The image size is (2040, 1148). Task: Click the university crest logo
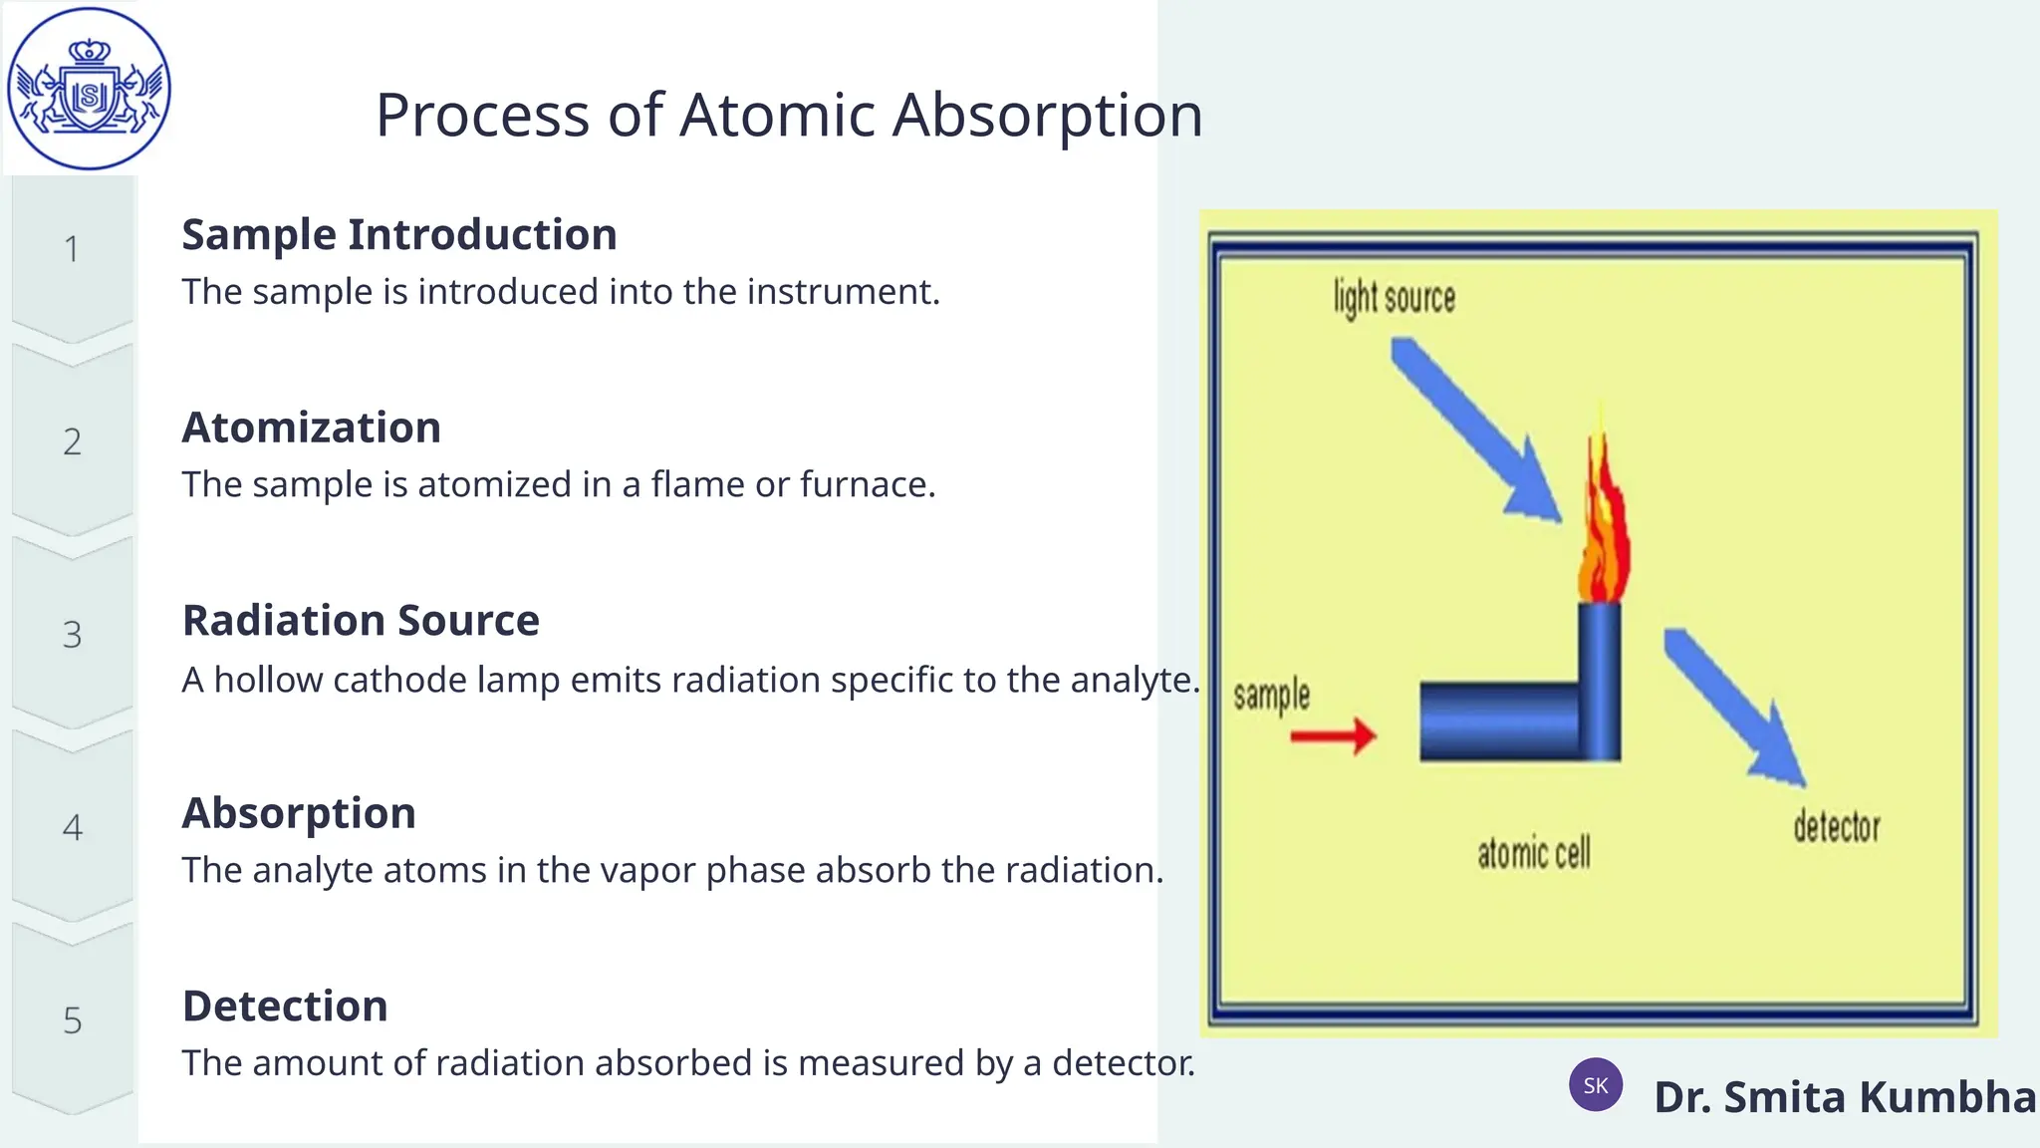(x=89, y=89)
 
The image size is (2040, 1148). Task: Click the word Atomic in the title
(x=778, y=115)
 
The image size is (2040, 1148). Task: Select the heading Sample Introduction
(x=398, y=235)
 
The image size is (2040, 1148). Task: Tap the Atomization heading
(x=311, y=428)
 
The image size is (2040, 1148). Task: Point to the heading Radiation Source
(x=361, y=621)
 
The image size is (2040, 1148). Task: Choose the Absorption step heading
(x=298, y=813)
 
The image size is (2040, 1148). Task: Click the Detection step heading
(x=285, y=1006)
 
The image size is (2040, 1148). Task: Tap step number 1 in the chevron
(x=72, y=249)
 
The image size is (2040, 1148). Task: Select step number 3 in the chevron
(x=72, y=635)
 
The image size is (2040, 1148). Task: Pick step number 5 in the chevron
(x=72, y=1020)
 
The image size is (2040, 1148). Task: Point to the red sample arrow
(x=1333, y=736)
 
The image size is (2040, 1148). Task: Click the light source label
(x=1394, y=298)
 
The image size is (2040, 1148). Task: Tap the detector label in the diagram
(x=1836, y=827)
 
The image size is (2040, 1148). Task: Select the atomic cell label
(x=1533, y=854)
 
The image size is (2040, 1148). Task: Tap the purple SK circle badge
(x=1596, y=1085)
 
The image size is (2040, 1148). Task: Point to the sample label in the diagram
(x=1271, y=695)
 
